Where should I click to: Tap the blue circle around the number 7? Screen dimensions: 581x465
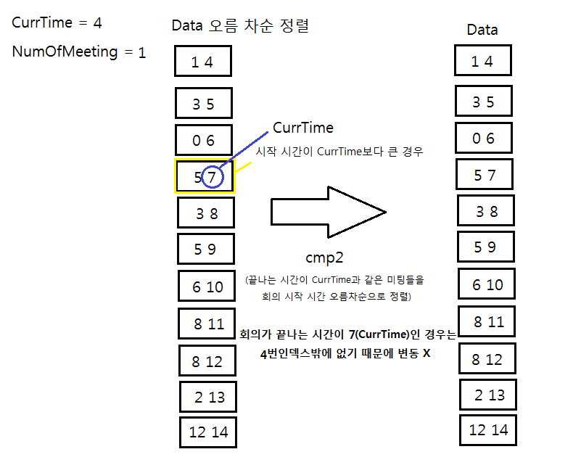pos(211,176)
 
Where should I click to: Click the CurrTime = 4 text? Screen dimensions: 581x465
pos(57,22)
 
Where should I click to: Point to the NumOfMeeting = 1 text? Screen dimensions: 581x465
pos(79,52)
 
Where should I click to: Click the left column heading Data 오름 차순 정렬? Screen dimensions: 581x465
pos(240,25)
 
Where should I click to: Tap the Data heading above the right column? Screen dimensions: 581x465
pos(482,30)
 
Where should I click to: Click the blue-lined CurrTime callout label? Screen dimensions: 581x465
pos(303,128)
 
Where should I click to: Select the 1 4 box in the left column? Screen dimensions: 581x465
pos(203,60)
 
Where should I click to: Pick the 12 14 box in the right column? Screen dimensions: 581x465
pos(489,429)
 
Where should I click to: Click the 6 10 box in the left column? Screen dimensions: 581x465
pos(207,286)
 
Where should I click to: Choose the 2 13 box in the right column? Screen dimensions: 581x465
pos(488,394)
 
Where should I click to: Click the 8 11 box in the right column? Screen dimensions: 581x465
pos(487,321)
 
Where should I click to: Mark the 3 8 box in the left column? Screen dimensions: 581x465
pos(206,213)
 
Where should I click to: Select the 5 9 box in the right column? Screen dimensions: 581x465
pos(486,247)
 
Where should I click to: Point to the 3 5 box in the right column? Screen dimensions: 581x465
pos(483,102)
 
